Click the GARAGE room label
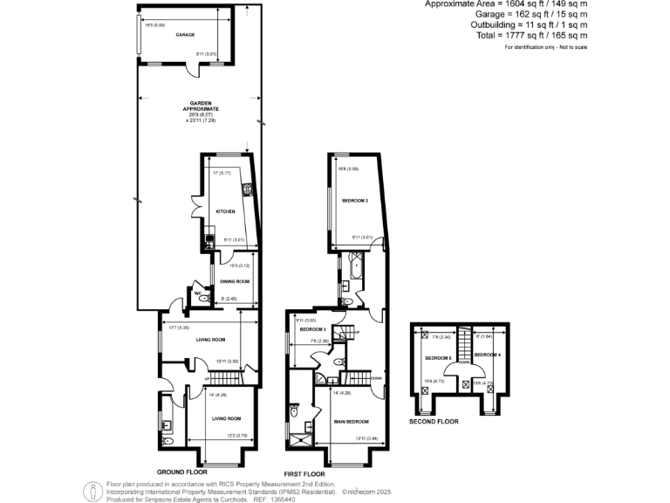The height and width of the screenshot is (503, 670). click(185, 35)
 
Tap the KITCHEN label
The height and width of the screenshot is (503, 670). click(225, 211)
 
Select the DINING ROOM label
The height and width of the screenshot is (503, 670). click(235, 281)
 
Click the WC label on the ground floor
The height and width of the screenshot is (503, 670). click(197, 293)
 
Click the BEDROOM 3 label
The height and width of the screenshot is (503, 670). click(311, 329)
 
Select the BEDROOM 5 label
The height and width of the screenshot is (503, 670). click(437, 358)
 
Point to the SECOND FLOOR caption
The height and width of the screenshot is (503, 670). click(434, 422)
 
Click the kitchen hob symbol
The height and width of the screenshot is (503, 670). click(248, 189)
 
